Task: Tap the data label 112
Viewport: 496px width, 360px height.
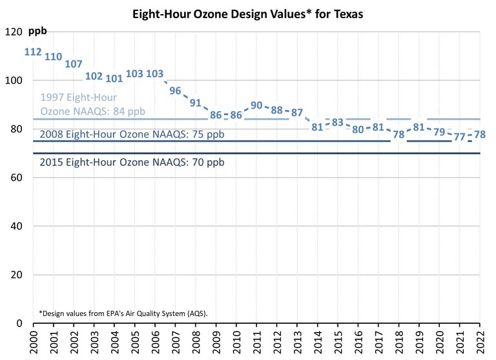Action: coord(33,52)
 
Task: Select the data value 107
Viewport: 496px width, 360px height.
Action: coord(74,64)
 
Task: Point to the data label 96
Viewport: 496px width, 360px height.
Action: coord(175,90)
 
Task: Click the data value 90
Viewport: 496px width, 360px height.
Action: coord(256,105)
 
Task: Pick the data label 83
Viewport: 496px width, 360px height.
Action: coord(338,122)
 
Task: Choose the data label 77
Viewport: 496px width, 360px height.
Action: coord(460,137)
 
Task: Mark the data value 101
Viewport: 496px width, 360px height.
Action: coord(114,78)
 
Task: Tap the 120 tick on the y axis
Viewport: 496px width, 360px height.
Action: coord(13,32)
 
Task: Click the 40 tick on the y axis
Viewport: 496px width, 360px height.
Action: coord(15,226)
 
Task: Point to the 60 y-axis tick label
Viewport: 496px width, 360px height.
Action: coord(15,178)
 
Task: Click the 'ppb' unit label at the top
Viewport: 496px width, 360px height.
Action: coord(38,31)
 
